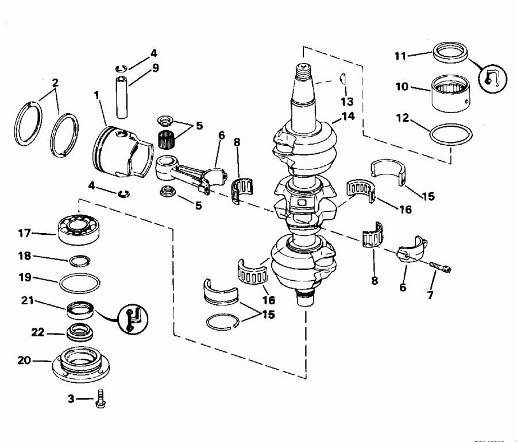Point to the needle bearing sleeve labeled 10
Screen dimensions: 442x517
pyautogui.click(x=452, y=92)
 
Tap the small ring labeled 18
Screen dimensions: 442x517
pyautogui.click(x=79, y=261)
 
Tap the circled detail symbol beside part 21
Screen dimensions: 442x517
pyautogui.click(x=133, y=317)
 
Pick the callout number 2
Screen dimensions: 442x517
pyautogui.click(x=55, y=82)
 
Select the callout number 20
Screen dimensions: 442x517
pyautogui.click(x=25, y=360)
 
